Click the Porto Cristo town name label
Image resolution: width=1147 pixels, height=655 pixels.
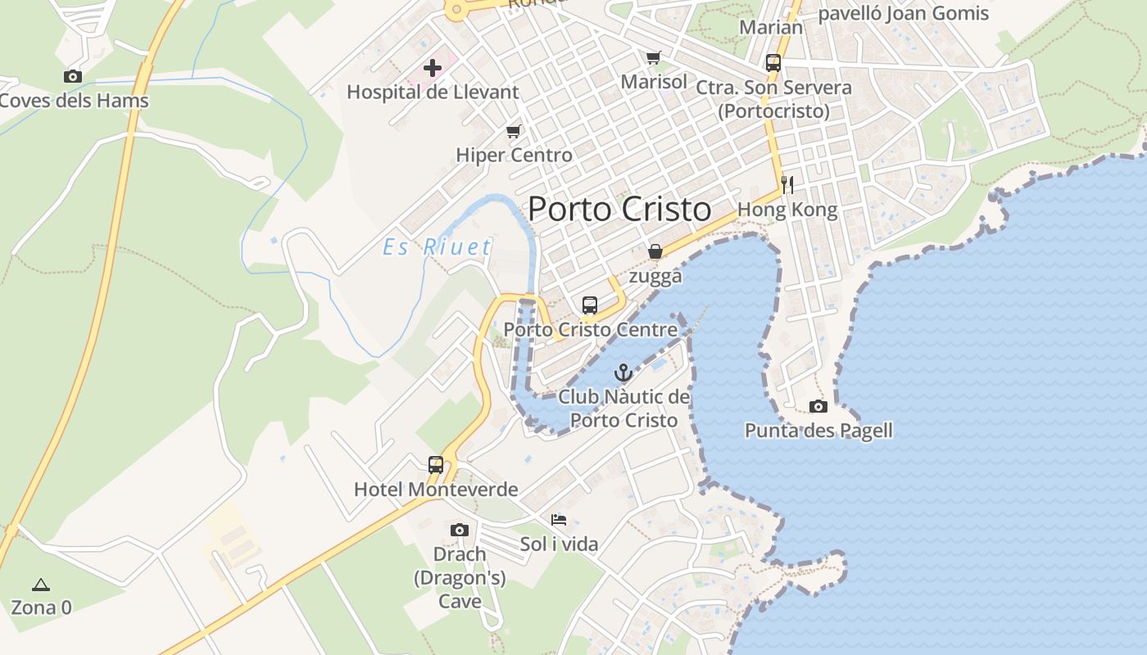click(x=619, y=210)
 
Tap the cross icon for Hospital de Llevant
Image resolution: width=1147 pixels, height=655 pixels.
click(x=433, y=68)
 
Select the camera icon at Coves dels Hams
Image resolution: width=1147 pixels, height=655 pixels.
click(x=73, y=76)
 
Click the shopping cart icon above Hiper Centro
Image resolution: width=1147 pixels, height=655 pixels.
click(x=514, y=131)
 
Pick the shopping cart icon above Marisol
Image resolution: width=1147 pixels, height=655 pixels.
click(x=653, y=58)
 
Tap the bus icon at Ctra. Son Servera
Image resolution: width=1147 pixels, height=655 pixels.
click(x=773, y=63)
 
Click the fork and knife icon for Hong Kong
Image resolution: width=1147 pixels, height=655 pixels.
click(x=787, y=185)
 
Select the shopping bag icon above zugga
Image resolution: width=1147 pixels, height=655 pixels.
click(x=655, y=251)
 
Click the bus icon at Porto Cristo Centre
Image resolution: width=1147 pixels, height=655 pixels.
click(x=589, y=305)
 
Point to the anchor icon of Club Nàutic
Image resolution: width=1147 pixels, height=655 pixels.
click(x=623, y=373)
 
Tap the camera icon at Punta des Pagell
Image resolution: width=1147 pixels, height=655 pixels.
click(x=818, y=406)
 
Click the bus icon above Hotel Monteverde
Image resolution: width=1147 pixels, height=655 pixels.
click(x=436, y=465)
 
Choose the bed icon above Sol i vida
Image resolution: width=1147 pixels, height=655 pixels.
click(x=559, y=520)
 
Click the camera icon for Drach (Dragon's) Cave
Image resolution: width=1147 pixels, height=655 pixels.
click(x=459, y=530)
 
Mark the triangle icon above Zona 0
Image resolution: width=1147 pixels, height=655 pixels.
click(x=40, y=585)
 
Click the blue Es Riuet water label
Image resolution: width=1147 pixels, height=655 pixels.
click(x=437, y=247)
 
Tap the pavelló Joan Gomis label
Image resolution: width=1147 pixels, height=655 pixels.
click(x=904, y=13)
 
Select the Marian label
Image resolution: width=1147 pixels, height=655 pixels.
click(x=771, y=27)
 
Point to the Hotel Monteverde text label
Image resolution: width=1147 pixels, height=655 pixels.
click(x=436, y=490)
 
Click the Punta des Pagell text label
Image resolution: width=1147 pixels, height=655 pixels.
click(x=818, y=431)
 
